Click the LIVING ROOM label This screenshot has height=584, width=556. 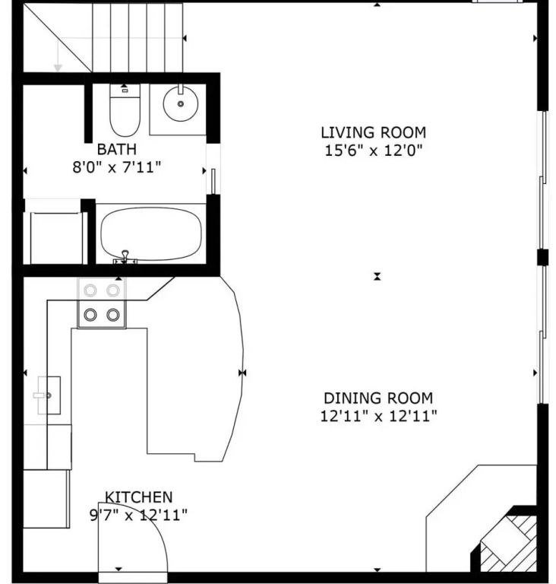373,132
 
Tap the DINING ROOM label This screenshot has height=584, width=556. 378,398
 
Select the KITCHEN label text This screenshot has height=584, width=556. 139,497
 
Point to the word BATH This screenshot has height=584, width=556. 117,149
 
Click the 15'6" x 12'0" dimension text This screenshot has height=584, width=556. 374,151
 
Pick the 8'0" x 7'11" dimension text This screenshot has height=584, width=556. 117,167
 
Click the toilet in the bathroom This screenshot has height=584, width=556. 125,110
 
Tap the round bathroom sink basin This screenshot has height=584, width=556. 181,103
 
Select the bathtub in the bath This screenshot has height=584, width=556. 151,233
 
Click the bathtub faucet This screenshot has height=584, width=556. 125,257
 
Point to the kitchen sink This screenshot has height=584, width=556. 49,395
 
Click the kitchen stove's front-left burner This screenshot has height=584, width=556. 90,315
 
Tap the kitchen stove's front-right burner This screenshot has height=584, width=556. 112,315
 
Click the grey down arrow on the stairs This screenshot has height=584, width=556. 58,55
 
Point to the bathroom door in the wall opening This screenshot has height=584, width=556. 213,182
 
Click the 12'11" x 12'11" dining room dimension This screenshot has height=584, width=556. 378,416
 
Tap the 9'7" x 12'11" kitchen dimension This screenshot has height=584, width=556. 138,515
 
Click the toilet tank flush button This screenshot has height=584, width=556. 125,90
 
